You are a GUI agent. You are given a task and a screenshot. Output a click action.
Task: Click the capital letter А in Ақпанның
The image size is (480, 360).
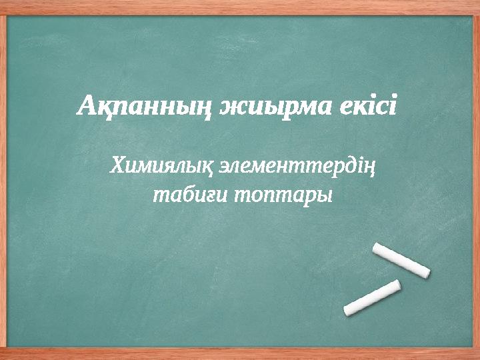(87, 105)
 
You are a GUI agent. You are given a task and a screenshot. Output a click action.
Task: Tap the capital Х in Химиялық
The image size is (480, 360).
(117, 163)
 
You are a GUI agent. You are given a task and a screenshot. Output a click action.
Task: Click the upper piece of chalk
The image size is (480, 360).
(401, 259)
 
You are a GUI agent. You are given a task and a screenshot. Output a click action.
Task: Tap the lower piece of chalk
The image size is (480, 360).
(372, 297)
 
